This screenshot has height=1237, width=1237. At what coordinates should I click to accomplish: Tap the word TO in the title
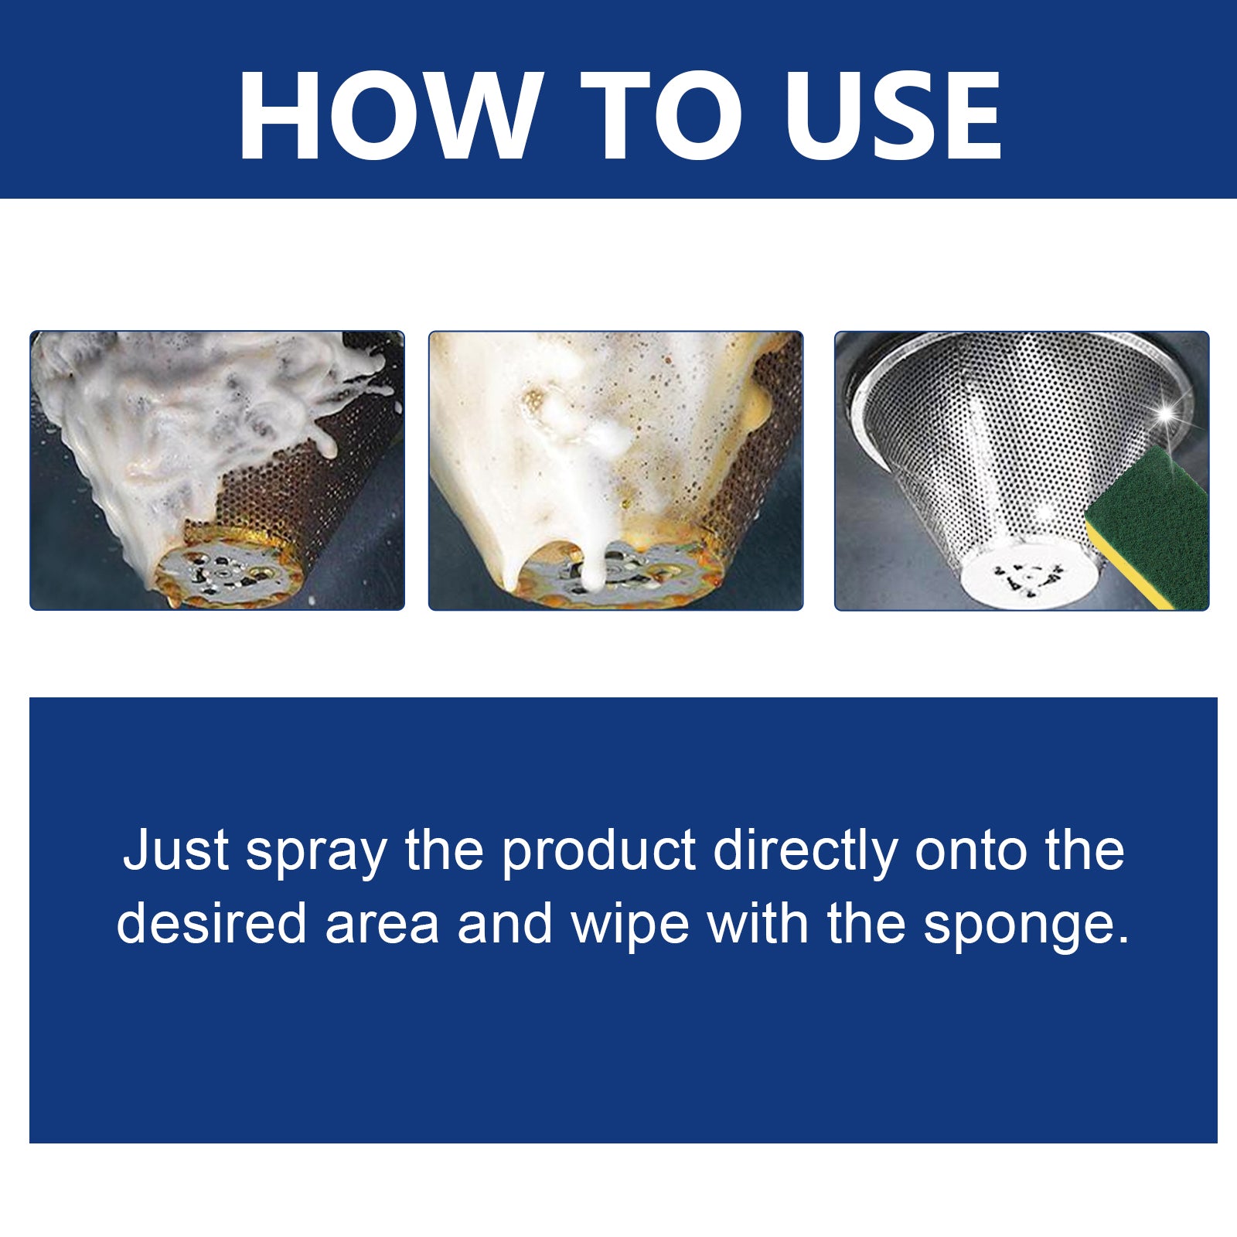click(x=661, y=115)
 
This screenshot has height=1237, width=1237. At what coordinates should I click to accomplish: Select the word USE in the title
click(x=893, y=115)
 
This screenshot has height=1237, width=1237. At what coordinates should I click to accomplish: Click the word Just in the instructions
click(x=175, y=851)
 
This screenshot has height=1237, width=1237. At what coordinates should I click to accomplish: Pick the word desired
click(x=211, y=924)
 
